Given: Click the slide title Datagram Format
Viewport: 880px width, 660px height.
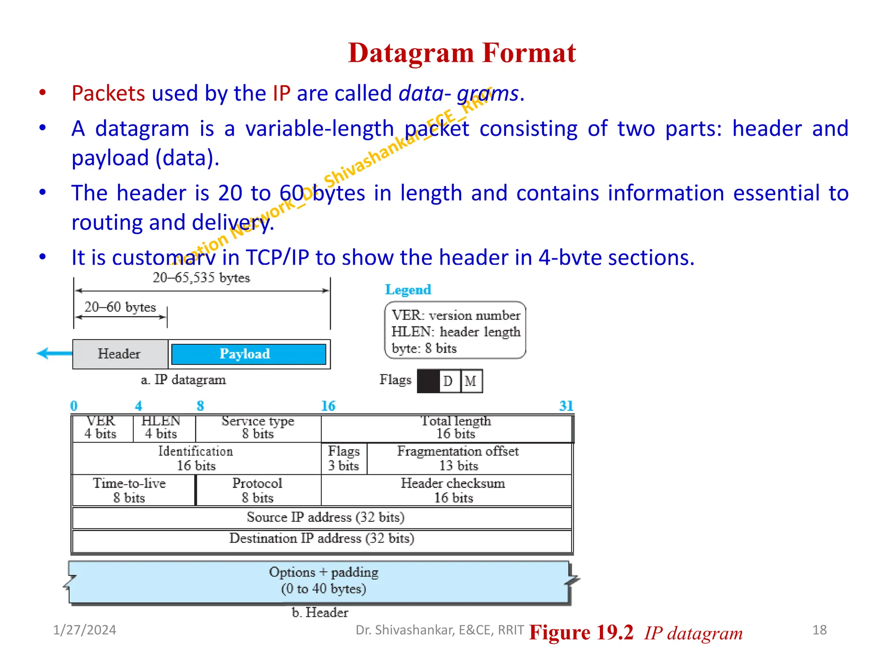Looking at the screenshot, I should pyautogui.click(x=461, y=53).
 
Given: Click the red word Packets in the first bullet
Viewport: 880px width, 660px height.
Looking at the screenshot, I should pyautogui.click(x=108, y=94).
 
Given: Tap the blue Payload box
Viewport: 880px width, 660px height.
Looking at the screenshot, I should pyautogui.click(x=248, y=354).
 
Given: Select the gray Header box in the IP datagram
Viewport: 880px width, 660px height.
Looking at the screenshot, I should pyautogui.click(x=119, y=354).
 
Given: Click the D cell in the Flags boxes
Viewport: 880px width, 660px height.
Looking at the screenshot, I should pyautogui.click(x=448, y=381).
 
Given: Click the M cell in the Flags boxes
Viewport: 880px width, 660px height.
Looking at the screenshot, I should pyautogui.click(x=471, y=381).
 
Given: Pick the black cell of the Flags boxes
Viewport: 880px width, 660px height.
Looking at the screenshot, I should pyautogui.click(x=428, y=381).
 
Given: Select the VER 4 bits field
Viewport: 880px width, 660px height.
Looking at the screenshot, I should pyautogui.click(x=101, y=428).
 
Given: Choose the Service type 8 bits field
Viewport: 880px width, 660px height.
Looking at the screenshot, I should pyautogui.click(x=258, y=428).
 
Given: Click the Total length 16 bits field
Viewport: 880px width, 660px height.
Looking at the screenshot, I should pyautogui.click(x=455, y=428).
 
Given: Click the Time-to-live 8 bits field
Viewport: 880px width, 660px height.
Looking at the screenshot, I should pyautogui.click(x=130, y=490).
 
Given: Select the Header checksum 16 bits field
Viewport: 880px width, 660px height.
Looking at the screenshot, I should pyautogui.click(x=453, y=490).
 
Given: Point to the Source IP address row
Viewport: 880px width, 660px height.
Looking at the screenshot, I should pyautogui.click(x=325, y=517).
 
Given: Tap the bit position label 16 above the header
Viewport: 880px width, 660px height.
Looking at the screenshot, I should pyautogui.click(x=328, y=406).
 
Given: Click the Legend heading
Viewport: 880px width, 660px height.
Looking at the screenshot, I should pyautogui.click(x=408, y=290).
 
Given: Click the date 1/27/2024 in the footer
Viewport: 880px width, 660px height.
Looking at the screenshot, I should pyautogui.click(x=85, y=630).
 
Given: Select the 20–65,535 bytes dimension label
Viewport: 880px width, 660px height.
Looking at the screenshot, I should pyautogui.click(x=201, y=278).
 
